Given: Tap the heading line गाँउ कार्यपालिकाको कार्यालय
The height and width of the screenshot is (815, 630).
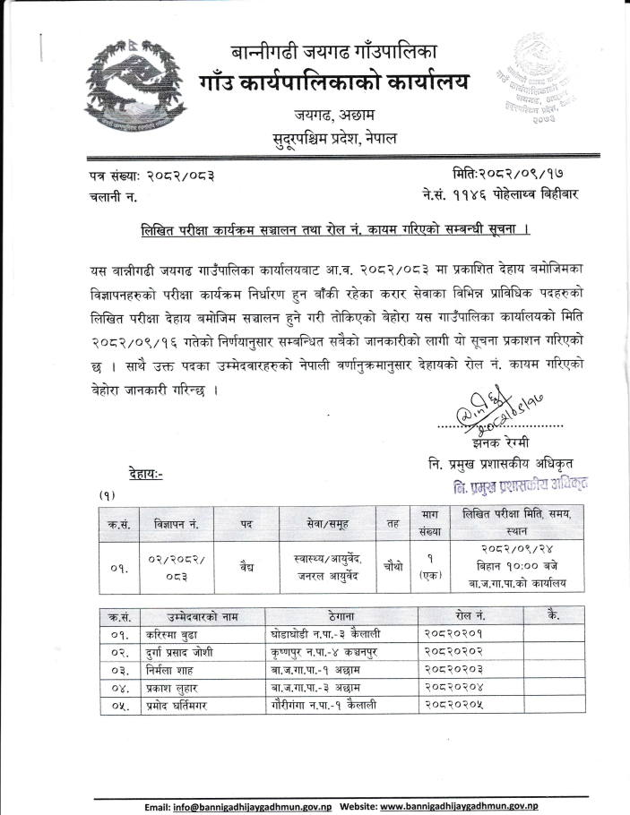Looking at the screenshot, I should tap(334, 83).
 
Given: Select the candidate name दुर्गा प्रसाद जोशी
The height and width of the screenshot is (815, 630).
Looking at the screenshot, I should tap(186, 652).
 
